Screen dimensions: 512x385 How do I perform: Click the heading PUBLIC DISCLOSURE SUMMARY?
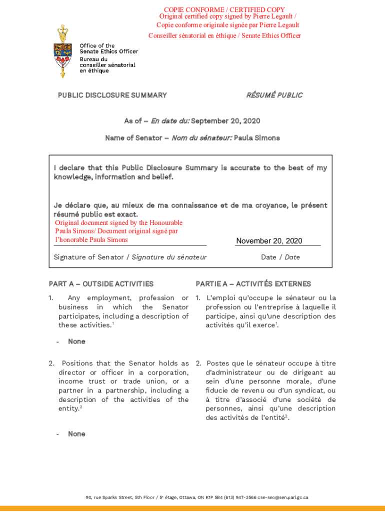tap(112, 95)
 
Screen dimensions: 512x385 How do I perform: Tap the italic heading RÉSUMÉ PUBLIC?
tap(274, 95)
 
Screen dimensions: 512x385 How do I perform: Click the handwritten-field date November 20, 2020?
tap(269, 241)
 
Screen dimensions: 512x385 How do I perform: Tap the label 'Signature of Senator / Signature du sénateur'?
tap(130, 257)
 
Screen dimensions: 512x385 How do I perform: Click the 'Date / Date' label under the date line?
tap(280, 257)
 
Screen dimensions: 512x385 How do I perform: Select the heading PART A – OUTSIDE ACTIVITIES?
tap(101, 284)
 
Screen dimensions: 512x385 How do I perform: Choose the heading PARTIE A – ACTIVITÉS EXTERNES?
tap(253, 284)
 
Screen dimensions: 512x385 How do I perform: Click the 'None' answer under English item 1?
tap(76, 341)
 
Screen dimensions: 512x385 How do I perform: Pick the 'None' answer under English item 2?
tap(76, 434)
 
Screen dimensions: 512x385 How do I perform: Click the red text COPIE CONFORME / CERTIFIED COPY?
tap(224, 9)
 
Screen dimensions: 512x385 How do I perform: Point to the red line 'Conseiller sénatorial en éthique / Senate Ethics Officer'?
tap(224, 35)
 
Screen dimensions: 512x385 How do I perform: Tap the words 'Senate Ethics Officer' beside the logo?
tap(108, 51)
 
